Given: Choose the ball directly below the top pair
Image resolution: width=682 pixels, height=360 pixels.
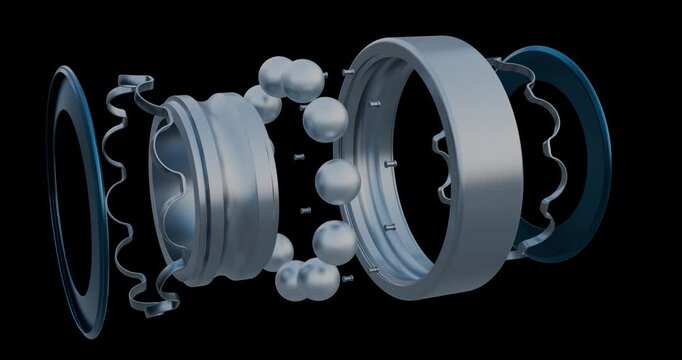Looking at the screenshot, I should coord(324,119).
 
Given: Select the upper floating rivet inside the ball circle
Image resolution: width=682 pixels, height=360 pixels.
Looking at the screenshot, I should coord(297,157).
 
